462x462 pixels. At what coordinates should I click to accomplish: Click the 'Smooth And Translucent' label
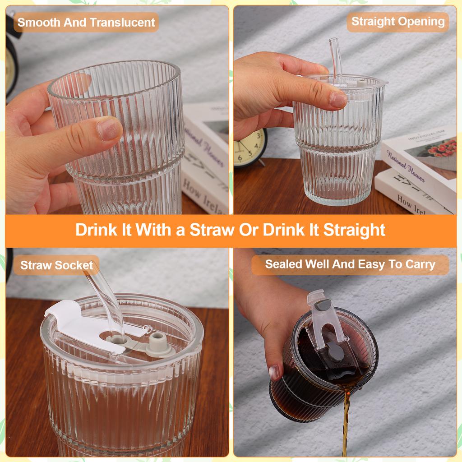(x=86, y=22)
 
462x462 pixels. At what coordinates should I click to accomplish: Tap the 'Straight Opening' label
(x=397, y=22)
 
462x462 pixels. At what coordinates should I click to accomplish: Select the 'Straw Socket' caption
(x=56, y=265)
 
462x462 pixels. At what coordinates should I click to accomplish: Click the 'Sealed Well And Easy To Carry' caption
(x=350, y=264)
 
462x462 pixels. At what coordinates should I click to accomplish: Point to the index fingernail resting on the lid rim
(x=337, y=100)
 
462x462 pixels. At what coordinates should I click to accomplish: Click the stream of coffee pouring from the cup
(x=346, y=420)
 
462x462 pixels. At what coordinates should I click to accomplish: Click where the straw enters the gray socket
(x=113, y=336)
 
